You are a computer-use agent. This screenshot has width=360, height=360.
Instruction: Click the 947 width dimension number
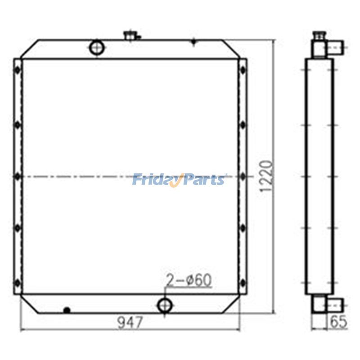(130, 322)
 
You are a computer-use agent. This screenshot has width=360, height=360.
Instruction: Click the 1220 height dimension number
(266, 178)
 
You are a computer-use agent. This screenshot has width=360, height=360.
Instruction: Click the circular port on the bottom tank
(164, 306)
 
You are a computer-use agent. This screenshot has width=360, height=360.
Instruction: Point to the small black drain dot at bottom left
(67, 310)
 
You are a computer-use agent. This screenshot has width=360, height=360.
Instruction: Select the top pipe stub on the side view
(336, 45)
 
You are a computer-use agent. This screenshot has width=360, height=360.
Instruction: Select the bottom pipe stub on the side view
(336, 305)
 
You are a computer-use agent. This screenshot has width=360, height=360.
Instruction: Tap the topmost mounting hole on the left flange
(17, 70)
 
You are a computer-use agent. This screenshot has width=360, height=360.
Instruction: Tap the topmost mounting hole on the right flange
(243, 70)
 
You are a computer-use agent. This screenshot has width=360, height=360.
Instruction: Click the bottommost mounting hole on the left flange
(17, 283)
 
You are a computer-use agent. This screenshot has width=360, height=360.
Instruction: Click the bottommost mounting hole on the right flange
(243, 283)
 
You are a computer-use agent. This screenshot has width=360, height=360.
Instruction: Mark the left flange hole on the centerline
(17, 176)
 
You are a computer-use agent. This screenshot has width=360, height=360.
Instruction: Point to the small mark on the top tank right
(194, 43)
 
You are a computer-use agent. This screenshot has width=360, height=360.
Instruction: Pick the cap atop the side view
(319, 34)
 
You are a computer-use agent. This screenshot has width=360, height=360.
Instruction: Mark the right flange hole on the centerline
(243, 176)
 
